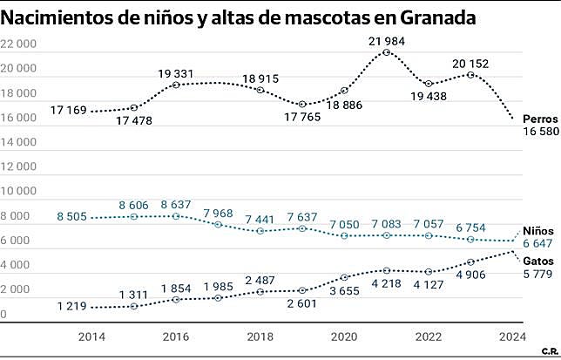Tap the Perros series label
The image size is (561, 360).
pyautogui.click(x=539, y=117)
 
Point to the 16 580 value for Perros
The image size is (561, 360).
pyautogui.click(x=540, y=130)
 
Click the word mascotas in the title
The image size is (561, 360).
pyautogui.click(x=318, y=18)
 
